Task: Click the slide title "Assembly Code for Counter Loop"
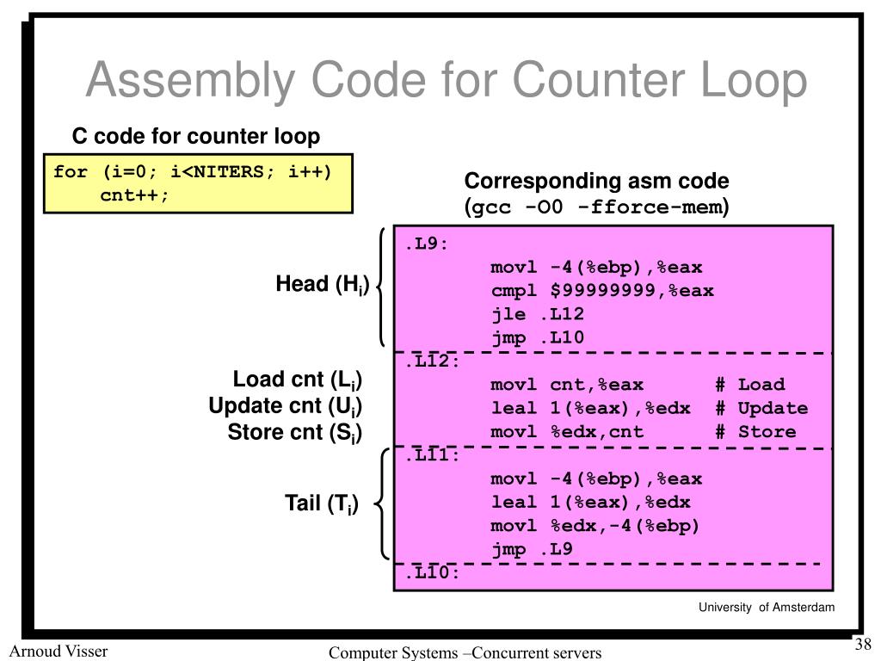pos(446,81)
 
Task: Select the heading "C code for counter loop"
pos(195,136)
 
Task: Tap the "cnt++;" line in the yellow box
pos(135,194)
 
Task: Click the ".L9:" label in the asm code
pos(428,244)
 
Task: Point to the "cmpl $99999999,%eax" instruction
pos(602,290)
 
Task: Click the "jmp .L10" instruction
pos(538,337)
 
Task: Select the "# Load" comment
pos(749,385)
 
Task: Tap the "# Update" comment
pos(761,408)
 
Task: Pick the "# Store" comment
pos(755,431)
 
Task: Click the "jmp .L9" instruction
pos(532,549)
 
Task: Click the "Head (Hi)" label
pos(322,284)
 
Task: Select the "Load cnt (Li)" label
pos(297,380)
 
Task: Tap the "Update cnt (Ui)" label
pos(285,406)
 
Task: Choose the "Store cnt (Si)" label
pos(294,432)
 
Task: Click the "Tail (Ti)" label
pos(322,503)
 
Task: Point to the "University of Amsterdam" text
pos(766,608)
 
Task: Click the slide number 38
pos(863,646)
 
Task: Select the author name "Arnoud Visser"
pos(59,651)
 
